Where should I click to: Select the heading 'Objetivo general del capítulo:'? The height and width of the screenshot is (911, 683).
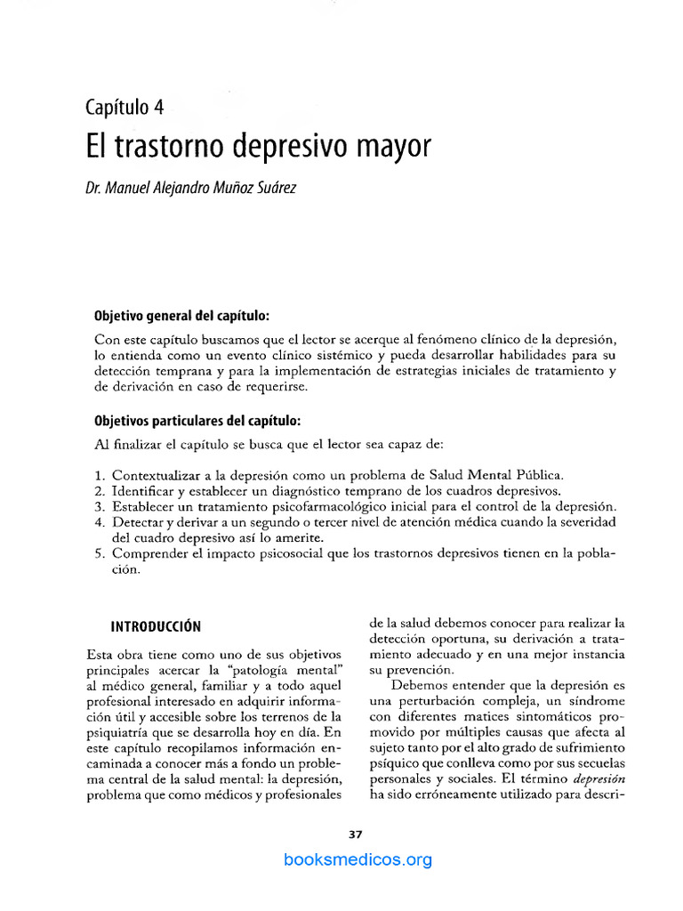tap(181, 317)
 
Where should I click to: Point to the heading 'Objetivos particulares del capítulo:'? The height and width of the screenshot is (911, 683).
tap(197, 420)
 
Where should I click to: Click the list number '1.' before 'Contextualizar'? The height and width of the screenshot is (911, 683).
tap(100, 475)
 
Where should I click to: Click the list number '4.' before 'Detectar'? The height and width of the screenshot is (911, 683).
tap(100, 522)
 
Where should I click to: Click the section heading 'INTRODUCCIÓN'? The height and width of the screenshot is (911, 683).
tap(156, 625)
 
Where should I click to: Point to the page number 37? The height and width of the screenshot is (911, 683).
tap(356, 834)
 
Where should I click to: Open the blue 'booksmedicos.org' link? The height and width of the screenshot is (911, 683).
tap(358, 859)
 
